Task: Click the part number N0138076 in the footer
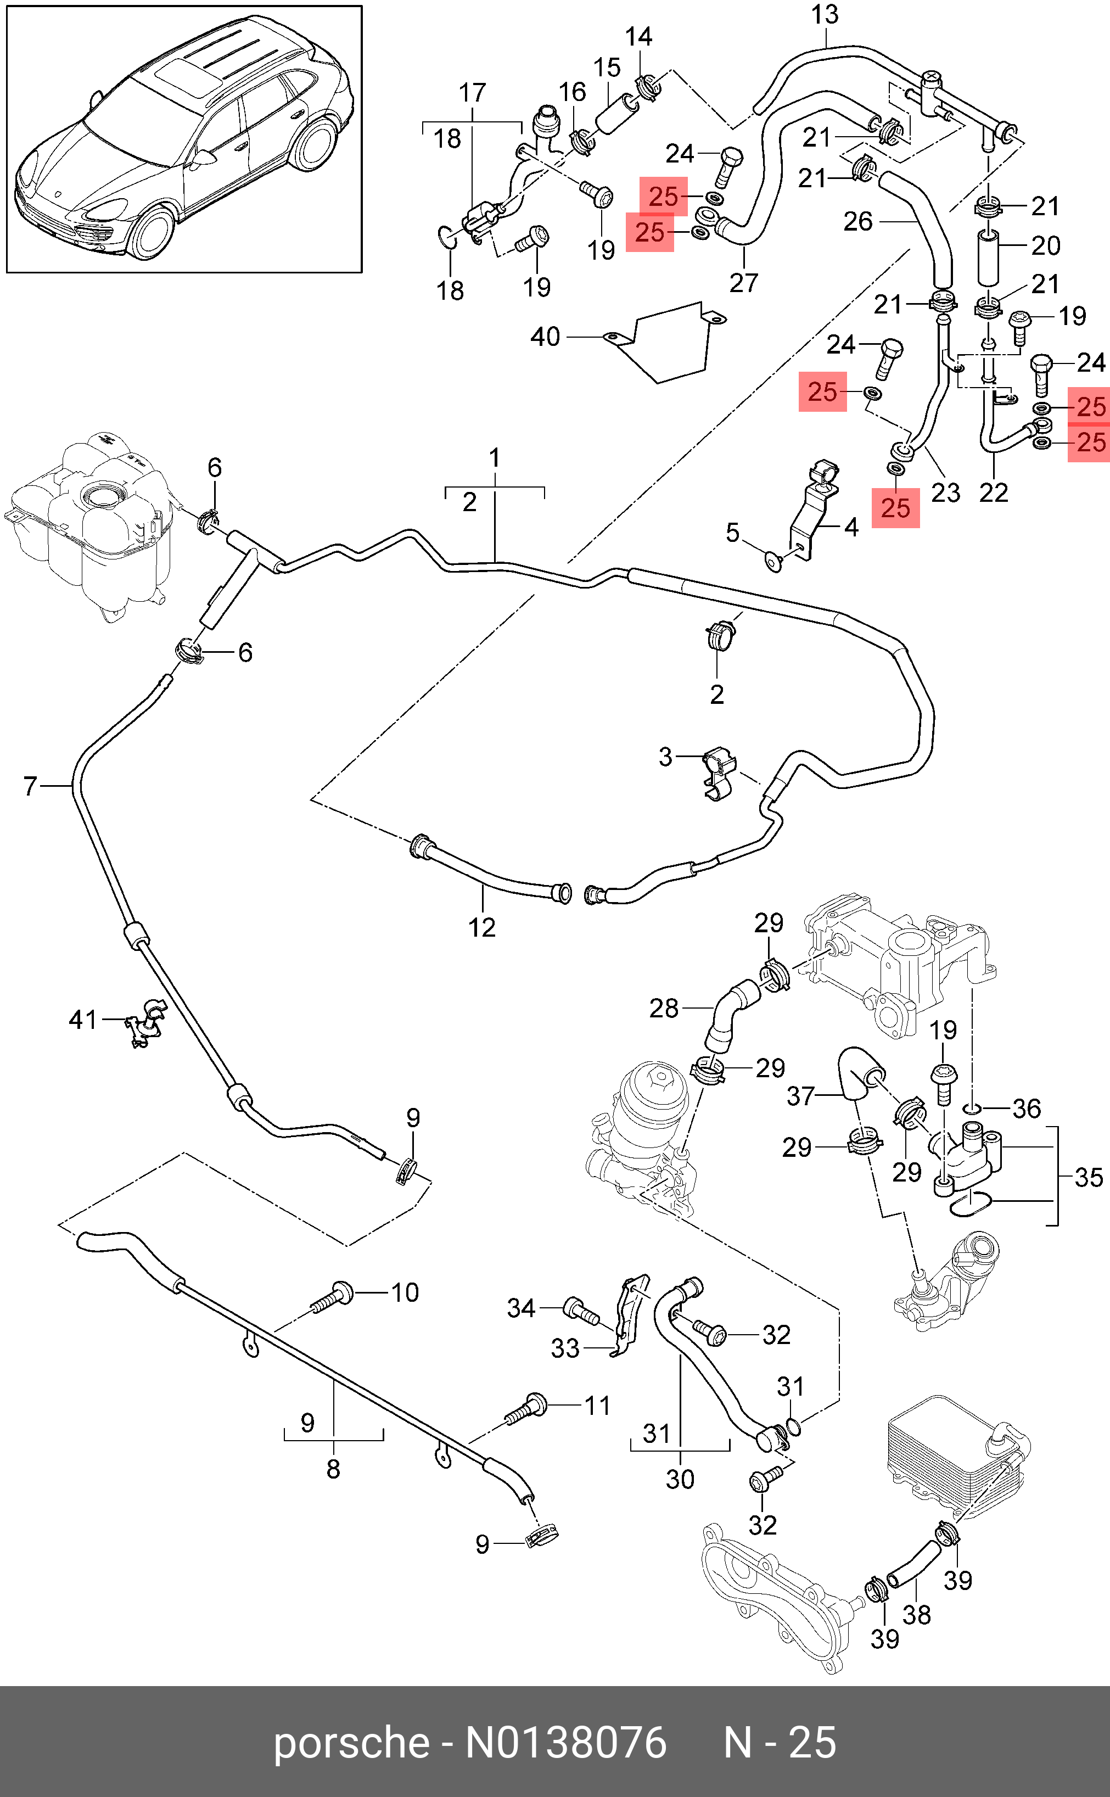coord(565,1743)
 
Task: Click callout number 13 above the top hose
coord(825,15)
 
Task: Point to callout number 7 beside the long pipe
coord(30,786)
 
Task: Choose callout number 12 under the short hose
coord(481,927)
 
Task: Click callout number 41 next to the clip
coord(82,1019)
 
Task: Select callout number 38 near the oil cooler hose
coord(916,1614)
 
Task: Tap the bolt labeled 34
coord(579,1309)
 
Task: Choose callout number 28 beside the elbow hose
coord(664,1009)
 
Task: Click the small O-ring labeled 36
coord(972,1108)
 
